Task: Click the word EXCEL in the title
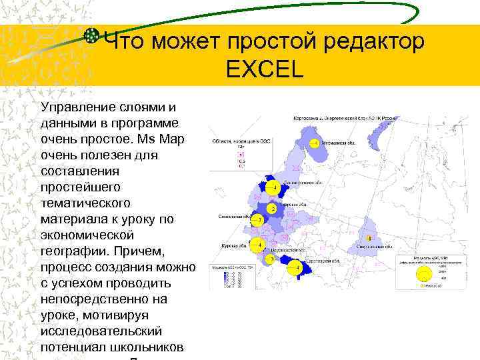click(265, 69)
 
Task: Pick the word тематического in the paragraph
click(85, 203)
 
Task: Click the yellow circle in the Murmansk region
click(314, 143)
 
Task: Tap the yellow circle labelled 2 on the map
click(273, 209)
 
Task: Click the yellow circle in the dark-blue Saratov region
click(298, 267)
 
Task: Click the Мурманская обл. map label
click(339, 143)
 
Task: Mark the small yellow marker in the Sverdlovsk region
click(369, 237)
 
